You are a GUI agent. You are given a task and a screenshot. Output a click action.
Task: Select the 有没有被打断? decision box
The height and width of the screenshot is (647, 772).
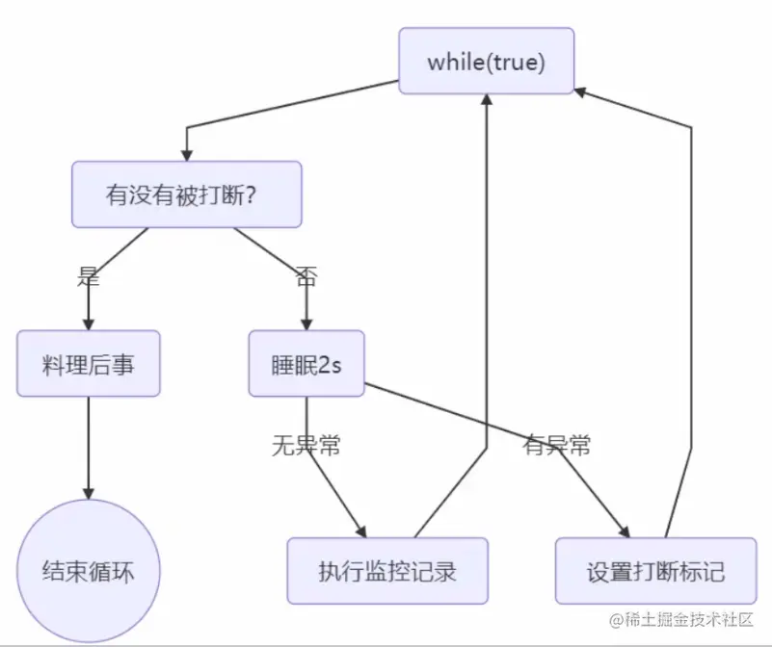pos(186,194)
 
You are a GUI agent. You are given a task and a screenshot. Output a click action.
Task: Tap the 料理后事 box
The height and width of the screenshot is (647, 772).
pos(88,364)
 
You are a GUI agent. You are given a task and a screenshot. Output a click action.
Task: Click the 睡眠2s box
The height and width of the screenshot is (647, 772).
pos(306,364)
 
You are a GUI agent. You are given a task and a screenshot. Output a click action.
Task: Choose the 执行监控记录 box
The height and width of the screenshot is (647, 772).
pos(387,571)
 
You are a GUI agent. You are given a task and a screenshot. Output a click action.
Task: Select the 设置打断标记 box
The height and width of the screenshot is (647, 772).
pos(655,571)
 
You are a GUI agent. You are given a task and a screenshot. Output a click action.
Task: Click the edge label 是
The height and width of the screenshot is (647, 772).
pos(88,277)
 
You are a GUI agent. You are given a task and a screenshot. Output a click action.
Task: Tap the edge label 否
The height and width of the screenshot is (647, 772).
pos(306,277)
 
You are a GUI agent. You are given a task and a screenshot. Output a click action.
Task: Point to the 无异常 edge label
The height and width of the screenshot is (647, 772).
pos(306,446)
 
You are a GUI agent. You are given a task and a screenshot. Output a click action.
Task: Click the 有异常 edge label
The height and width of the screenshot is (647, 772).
pos(557,445)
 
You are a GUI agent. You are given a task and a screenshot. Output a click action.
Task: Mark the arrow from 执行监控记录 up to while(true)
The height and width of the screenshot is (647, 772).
pos(488,289)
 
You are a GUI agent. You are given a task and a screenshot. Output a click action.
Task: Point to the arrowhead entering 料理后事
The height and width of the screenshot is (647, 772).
pos(88,323)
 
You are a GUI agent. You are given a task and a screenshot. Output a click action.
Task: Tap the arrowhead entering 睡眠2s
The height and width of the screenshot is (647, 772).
pos(306,323)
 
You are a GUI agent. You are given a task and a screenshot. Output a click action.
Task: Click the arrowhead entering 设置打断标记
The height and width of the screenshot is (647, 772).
pos(624,531)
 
